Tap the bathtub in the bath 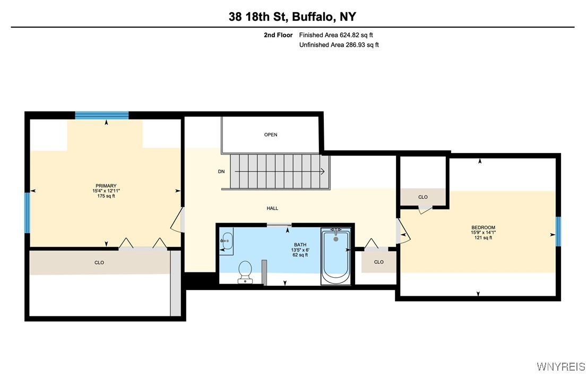click(335, 256)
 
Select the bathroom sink click(227, 241)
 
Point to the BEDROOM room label click(483, 228)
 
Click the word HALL click(272, 209)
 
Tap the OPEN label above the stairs click(271, 135)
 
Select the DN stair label click(221, 172)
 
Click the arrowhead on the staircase click(322, 172)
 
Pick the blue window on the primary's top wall click(102, 115)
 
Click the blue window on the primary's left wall click(27, 212)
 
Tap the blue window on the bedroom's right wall click(558, 232)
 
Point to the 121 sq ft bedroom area click(483, 238)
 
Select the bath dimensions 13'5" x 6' click(300, 250)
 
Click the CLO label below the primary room click(99, 262)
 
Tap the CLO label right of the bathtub click(378, 262)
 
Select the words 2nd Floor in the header click(278, 35)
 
